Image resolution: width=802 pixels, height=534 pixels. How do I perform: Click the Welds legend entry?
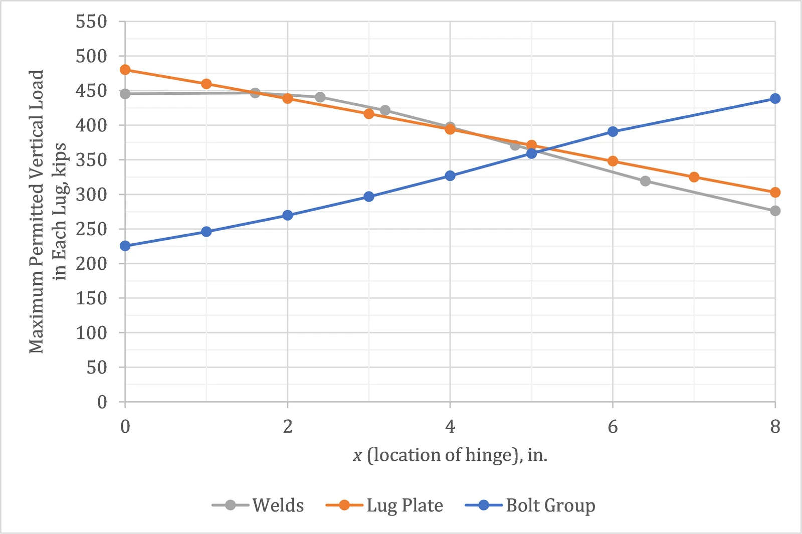point(258,505)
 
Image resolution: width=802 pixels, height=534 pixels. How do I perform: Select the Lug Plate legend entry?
point(384,505)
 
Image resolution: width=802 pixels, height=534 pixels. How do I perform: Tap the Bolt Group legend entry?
point(530,505)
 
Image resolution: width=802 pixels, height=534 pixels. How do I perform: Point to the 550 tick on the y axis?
point(91,22)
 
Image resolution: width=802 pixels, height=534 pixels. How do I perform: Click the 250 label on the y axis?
point(91,229)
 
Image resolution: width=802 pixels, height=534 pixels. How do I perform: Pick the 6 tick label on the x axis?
point(613,427)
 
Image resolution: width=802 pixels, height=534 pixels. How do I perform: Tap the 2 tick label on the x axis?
point(288,427)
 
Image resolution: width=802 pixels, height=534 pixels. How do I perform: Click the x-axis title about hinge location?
point(450,455)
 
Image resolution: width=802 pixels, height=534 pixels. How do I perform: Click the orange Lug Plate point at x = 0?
point(125,70)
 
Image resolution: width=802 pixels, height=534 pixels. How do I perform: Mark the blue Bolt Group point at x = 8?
point(775,98)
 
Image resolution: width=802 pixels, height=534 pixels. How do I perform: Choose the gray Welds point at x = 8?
point(775,211)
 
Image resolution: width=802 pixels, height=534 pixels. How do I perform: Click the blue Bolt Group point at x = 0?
point(125,246)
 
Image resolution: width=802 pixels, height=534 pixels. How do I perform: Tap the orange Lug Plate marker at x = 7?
point(694,177)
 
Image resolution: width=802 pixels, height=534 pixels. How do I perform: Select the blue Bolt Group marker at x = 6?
point(613,131)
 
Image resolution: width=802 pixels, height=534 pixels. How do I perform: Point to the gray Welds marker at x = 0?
point(125,94)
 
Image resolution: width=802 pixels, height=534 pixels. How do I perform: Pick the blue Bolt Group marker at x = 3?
point(369,196)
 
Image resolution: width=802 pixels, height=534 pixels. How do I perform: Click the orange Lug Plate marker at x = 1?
point(206,84)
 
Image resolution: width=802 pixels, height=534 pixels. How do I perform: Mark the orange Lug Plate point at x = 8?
point(775,193)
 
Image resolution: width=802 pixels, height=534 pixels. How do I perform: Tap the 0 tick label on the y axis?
point(102,402)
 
